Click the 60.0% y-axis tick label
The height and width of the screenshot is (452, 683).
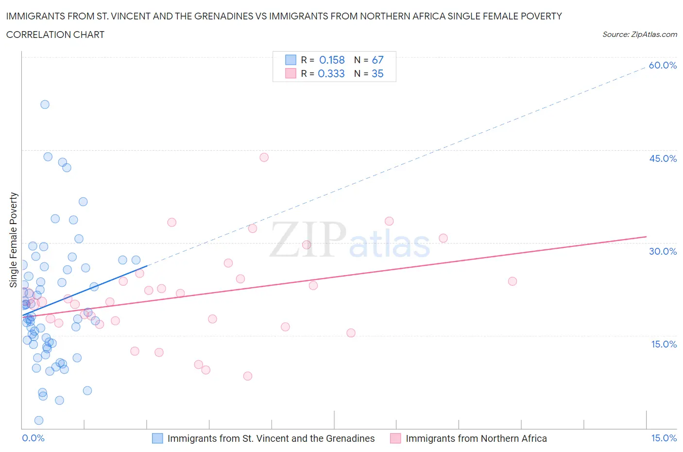click(x=663, y=65)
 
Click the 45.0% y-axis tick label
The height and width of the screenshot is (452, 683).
click(x=663, y=158)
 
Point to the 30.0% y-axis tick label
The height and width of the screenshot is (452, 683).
click(x=663, y=251)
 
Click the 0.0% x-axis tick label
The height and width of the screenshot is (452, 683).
click(x=33, y=438)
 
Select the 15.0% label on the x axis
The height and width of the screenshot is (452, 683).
click(x=664, y=438)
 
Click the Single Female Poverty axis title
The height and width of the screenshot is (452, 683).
click(x=14, y=240)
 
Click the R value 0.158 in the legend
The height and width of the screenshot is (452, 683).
click(x=332, y=60)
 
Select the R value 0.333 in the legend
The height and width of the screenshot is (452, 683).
click(x=331, y=73)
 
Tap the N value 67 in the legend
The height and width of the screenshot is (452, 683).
click(x=377, y=60)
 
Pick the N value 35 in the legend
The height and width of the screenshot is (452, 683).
click(x=377, y=73)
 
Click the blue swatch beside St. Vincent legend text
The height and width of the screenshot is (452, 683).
click(x=157, y=438)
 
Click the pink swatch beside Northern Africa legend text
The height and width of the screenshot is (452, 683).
click(x=395, y=438)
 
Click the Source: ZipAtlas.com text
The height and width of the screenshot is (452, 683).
click(x=639, y=34)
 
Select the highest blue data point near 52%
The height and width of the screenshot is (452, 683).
click(x=45, y=104)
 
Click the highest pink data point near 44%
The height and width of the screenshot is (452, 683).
click(x=264, y=157)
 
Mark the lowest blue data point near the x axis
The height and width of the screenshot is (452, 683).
click(x=39, y=420)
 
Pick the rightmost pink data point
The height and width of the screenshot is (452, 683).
click(x=512, y=281)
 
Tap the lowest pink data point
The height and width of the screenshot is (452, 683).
click(x=247, y=376)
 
